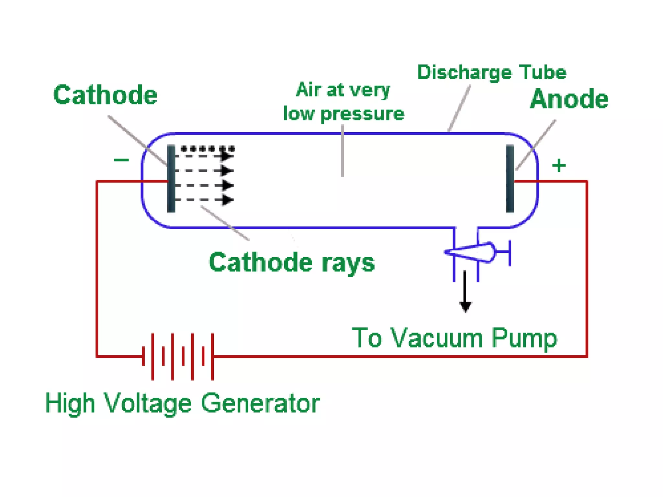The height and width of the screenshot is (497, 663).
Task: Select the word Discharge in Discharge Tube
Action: point(465,72)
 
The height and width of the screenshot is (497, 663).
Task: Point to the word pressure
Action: point(362,114)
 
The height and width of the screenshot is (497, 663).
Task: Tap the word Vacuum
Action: point(437,338)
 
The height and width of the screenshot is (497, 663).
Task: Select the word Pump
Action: point(524,338)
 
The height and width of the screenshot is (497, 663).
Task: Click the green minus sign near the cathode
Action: point(121,160)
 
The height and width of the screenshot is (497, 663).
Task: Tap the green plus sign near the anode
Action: point(559,166)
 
